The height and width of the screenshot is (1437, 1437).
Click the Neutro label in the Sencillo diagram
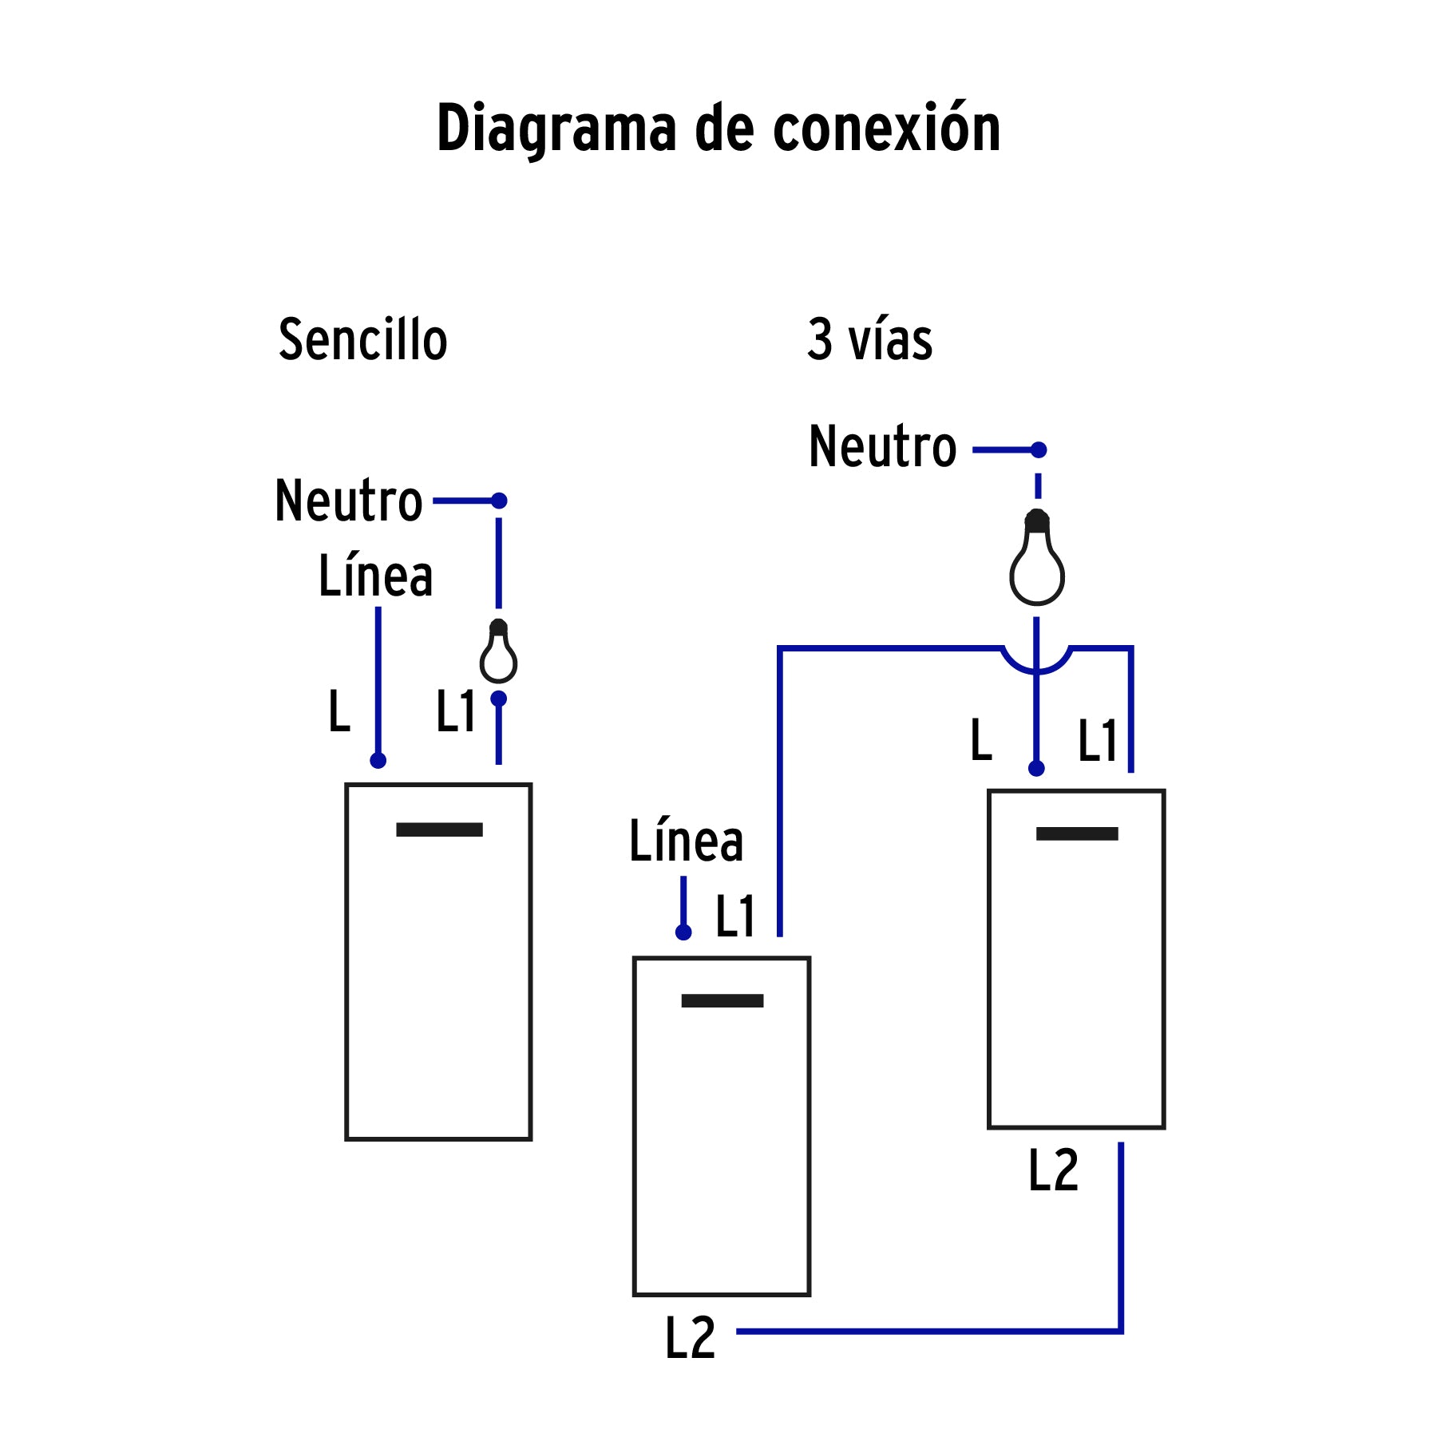[x=348, y=501]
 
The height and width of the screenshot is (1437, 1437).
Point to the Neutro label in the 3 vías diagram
[x=882, y=447]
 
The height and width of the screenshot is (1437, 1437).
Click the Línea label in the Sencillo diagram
[x=375, y=576]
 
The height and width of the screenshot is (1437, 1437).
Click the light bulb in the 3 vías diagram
[x=1037, y=559]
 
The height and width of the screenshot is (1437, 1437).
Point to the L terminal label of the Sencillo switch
[x=339, y=711]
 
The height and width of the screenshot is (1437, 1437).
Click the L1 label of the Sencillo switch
[x=456, y=711]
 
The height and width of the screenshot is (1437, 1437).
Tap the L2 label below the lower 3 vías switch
[x=690, y=1338]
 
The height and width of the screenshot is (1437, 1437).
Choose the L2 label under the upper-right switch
[x=1053, y=1171]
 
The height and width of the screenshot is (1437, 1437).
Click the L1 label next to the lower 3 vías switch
[x=735, y=916]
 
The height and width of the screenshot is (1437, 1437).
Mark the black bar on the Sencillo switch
[x=439, y=829]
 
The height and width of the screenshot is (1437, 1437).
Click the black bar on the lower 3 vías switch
[x=722, y=1000]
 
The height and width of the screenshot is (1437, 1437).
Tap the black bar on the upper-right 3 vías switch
[x=1077, y=833]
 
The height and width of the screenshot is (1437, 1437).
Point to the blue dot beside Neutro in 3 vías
[x=1039, y=450]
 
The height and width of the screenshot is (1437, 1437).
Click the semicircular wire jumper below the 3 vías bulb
[x=1036, y=663]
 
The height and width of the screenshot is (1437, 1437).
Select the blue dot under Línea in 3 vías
[x=683, y=932]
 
